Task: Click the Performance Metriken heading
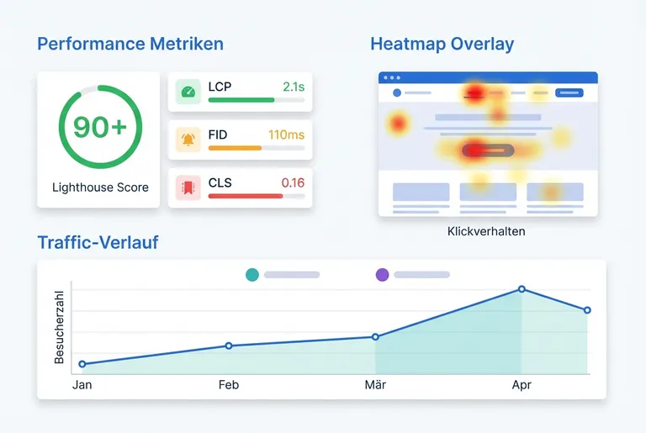coord(130,44)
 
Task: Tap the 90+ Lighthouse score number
coord(99,127)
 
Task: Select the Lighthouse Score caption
coord(100,187)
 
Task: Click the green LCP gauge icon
coord(188,92)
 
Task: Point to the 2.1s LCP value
coord(294,87)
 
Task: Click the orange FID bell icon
coord(188,140)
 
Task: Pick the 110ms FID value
coord(286,135)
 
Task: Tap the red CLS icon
coord(188,187)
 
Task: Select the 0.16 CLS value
coord(293,182)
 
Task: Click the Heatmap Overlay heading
coord(442,44)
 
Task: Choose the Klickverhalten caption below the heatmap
coord(486,231)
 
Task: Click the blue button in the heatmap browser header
coord(569,92)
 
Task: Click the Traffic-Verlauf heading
coord(98,243)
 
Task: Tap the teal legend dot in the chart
coord(252,274)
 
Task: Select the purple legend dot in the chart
coord(382,274)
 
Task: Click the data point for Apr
coord(522,289)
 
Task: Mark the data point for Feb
coord(229,346)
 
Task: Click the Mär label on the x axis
coord(375,385)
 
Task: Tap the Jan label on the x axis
coord(82,385)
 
